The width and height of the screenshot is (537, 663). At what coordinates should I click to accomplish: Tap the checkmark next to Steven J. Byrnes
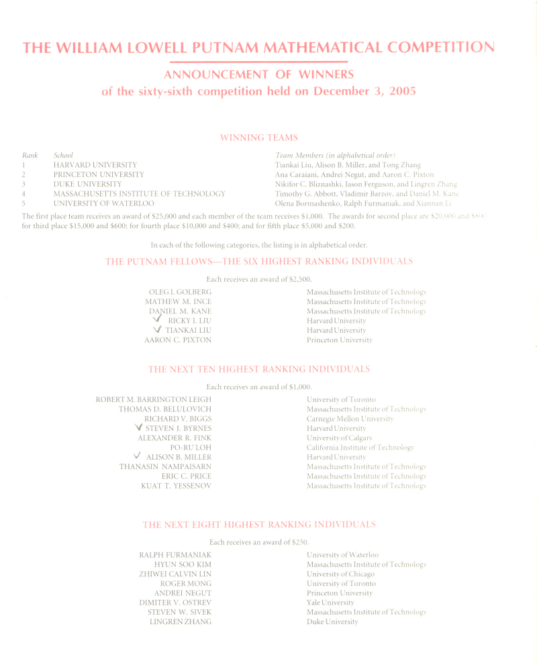click(x=138, y=427)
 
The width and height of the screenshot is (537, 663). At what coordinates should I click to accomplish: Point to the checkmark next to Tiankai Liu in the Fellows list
click(x=157, y=329)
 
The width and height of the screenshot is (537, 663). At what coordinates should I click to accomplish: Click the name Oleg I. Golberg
click(x=180, y=292)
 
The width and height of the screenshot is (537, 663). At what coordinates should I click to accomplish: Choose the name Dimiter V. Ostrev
click(x=175, y=603)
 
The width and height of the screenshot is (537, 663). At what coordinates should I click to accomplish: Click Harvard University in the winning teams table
click(x=95, y=164)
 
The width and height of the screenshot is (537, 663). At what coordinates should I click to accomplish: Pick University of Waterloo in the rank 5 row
click(x=103, y=203)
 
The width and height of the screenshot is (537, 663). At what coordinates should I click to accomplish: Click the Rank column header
click(x=30, y=155)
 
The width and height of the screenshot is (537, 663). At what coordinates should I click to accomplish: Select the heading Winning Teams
click(x=259, y=138)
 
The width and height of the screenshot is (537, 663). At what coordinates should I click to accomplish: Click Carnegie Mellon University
click(x=350, y=418)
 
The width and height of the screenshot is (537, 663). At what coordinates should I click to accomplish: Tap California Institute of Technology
click(x=360, y=447)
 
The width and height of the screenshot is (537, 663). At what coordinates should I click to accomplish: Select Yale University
click(x=330, y=603)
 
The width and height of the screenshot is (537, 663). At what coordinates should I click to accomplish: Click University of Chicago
click(x=340, y=574)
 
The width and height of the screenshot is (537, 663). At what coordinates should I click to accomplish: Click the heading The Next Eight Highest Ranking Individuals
click(x=259, y=525)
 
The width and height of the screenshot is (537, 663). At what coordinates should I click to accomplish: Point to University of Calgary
click(x=340, y=438)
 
